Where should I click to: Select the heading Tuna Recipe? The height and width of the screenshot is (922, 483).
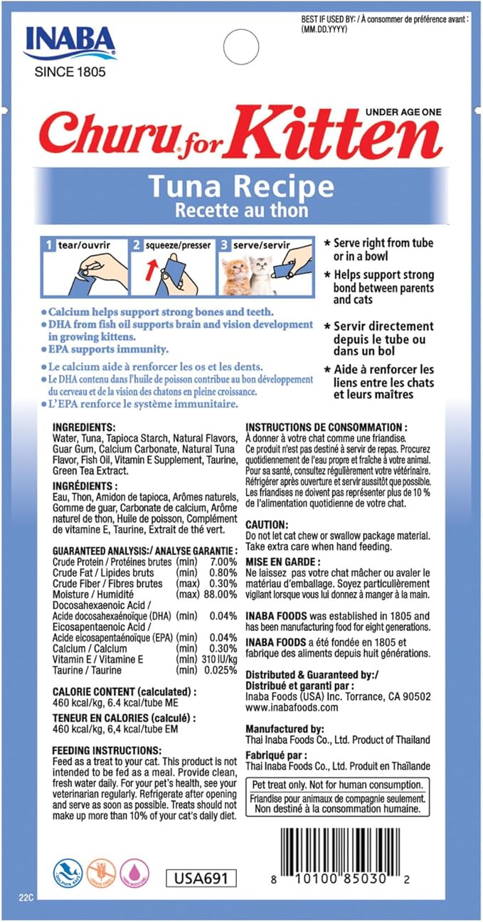tap(240, 186)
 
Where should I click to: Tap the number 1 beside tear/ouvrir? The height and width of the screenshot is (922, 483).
tap(49, 245)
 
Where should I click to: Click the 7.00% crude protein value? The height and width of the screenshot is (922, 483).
tap(221, 561)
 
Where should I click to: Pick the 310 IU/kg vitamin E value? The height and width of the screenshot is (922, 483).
tap(218, 659)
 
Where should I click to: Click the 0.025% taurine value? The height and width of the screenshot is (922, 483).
tap(218, 670)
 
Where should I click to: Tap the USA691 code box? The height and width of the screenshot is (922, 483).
tap(201, 879)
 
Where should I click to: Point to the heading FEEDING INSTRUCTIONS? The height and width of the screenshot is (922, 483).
tap(107, 750)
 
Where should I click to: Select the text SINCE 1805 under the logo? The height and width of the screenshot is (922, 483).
tap(68, 71)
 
